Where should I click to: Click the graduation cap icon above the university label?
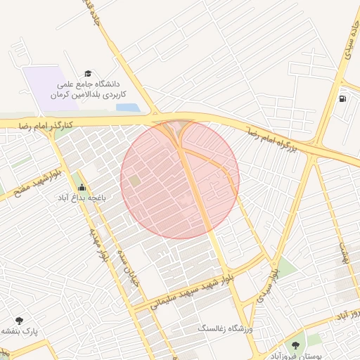click(88, 73)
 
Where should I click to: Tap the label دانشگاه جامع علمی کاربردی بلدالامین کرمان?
click(89, 89)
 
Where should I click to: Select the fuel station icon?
click(342, 98)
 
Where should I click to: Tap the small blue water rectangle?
click(127, 108)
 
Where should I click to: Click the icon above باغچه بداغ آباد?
click(82, 188)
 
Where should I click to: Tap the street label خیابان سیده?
click(131, 267)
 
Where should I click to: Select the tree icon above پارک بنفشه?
click(19, 320)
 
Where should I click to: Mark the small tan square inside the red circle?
click(134, 181)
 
